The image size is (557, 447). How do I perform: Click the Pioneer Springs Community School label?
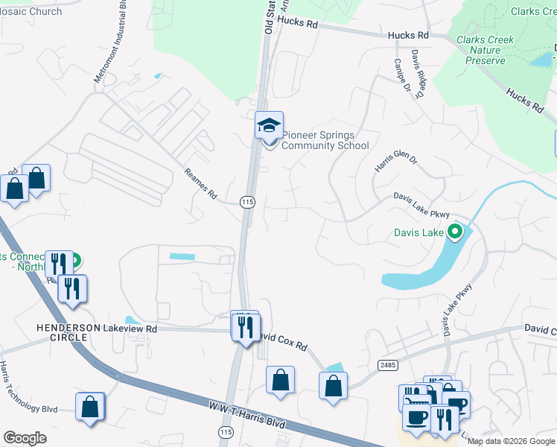325,140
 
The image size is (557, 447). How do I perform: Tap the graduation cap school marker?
269,126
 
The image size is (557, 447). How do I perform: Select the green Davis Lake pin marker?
456,232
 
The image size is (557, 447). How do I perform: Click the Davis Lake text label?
418,233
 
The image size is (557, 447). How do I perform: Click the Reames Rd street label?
200,185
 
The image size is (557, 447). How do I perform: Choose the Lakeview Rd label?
131,329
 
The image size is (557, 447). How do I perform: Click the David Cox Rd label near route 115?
283,341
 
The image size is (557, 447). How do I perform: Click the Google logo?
25,438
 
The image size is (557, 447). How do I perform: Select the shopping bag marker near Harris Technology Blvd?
90,407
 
